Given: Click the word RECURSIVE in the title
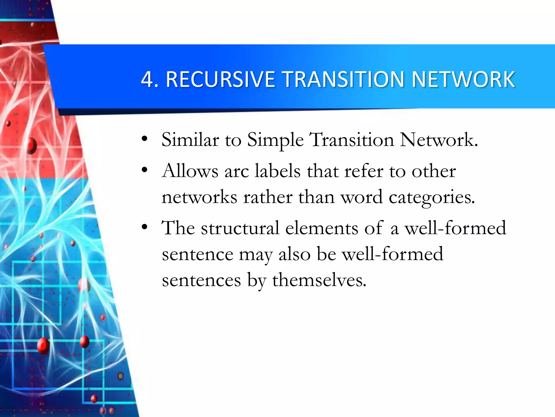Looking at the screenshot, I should pos(220,79).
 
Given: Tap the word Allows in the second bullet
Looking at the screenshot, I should pos(190,171).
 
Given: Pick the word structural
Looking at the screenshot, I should pos(240,228).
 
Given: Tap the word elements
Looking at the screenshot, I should pos(322,228).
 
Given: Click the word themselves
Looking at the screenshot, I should pos(319,280).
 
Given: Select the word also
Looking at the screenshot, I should pos(294,254).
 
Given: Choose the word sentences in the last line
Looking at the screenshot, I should pos(201,280).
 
